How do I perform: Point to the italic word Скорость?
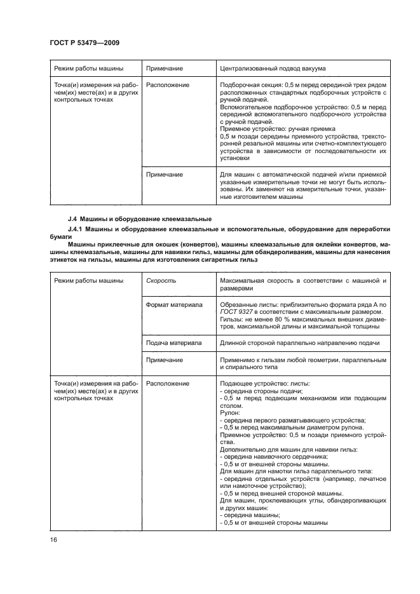click(161, 280)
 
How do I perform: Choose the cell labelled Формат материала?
click(174, 305)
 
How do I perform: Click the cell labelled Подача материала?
click(174, 343)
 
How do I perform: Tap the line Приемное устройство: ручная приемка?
click(273, 128)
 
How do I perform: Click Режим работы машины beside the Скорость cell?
click(88, 280)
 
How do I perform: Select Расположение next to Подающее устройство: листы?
click(168, 384)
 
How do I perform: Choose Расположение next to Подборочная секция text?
click(168, 84)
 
